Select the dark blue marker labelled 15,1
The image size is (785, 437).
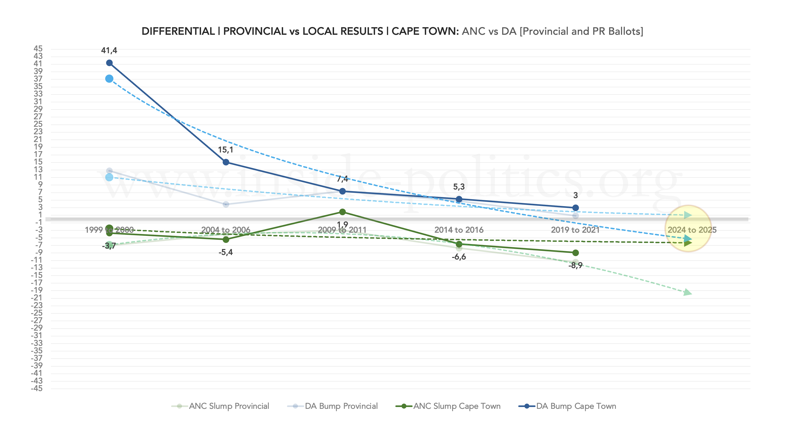click(x=226, y=162)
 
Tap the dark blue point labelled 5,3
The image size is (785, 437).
click(x=459, y=199)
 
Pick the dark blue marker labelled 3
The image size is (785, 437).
click(x=575, y=208)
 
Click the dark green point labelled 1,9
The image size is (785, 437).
click(x=342, y=212)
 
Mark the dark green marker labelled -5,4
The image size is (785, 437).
click(x=226, y=240)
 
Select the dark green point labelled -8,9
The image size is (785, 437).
click(x=575, y=253)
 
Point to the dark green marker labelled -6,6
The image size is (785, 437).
click(x=459, y=244)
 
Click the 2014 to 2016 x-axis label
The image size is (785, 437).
click(x=459, y=230)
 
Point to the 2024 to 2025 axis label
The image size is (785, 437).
click(x=692, y=230)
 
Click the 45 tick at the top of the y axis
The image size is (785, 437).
click(x=38, y=49)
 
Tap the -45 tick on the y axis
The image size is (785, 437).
click(x=37, y=388)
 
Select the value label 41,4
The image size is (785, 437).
click(x=109, y=50)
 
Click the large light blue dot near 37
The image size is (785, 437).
click(x=109, y=79)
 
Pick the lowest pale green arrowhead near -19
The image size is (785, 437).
click(x=688, y=292)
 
